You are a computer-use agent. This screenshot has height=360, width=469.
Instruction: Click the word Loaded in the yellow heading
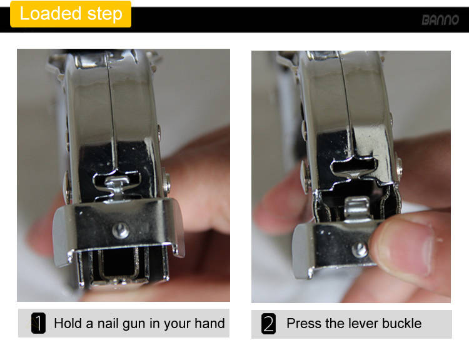tap(50, 14)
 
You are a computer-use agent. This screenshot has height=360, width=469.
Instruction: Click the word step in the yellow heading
tap(105, 14)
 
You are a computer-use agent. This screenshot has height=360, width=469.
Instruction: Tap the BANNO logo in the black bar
tap(440, 20)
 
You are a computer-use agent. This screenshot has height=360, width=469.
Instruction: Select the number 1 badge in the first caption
tap(38, 323)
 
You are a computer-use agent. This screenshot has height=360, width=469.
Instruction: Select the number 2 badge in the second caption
tap(268, 324)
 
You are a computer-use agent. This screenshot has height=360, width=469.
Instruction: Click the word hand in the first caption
tap(209, 323)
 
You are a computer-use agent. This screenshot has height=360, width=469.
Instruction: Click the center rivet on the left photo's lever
tap(121, 231)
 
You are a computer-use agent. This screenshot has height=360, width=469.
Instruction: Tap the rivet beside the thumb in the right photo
tap(360, 250)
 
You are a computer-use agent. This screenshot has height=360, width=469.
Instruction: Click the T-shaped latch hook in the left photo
tap(118, 187)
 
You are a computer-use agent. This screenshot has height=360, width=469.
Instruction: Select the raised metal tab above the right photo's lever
tap(357, 207)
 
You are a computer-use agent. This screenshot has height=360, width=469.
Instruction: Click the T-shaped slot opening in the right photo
tap(354, 168)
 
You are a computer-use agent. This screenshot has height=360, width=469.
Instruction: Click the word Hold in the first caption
tap(68, 323)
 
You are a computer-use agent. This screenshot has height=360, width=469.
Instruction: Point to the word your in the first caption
tap(178, 325)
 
